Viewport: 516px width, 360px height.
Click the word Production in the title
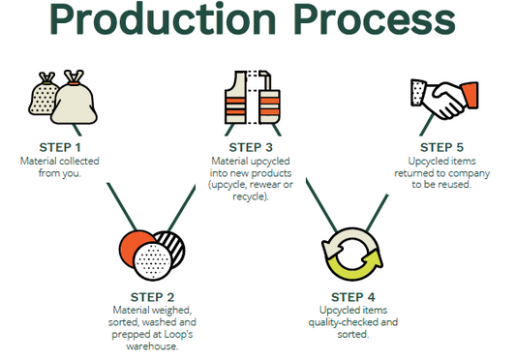163,18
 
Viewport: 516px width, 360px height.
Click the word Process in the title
375,19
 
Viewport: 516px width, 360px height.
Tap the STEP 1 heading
60,147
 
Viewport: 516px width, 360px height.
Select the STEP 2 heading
152,297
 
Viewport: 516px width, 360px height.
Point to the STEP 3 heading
251,147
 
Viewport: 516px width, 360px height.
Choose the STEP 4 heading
353,297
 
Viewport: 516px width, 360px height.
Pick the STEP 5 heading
441,147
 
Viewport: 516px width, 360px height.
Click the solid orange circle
132,246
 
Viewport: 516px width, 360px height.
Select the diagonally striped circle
173,245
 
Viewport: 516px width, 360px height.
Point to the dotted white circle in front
152,261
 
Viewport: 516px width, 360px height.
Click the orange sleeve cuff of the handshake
470,95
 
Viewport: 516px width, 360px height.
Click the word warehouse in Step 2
152,346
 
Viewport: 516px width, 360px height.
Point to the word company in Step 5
469,173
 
